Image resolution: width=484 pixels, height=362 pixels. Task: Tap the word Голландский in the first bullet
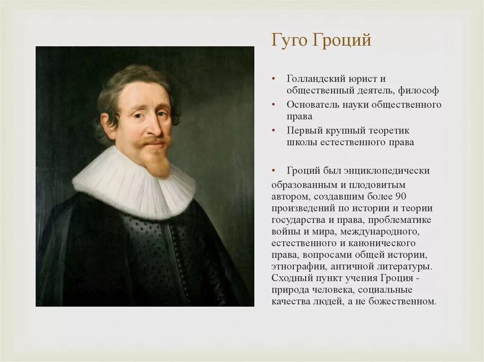[314, 78]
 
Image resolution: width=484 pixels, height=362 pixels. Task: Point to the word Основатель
[312, 104]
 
